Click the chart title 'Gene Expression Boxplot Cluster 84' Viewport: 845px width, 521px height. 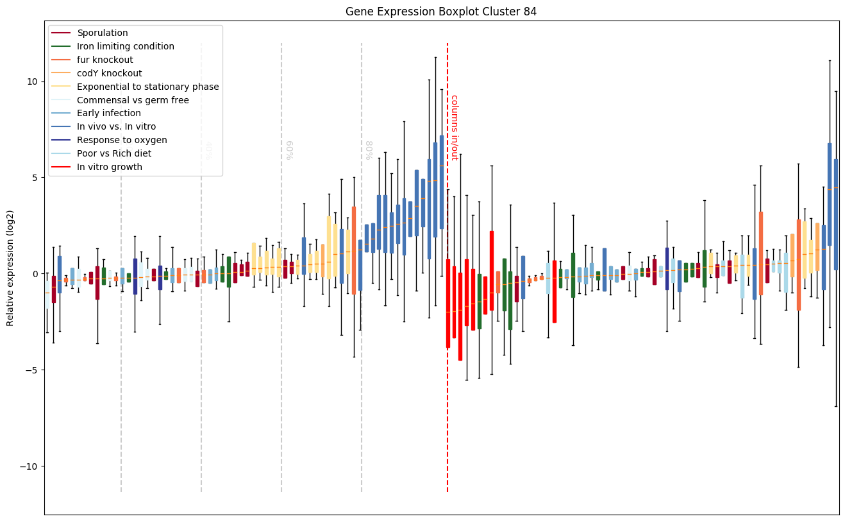pyautogui.click(x=441, y=12)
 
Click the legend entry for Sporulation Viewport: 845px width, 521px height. pyautogui.click(x=102, y=33)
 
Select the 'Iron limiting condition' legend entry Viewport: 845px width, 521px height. pyautogui.click(x=125, y=46)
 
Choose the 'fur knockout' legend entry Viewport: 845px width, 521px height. pyautogui.click(x=105, y=60)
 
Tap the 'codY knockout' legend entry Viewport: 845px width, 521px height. pyautogui.click(x=109, y=73)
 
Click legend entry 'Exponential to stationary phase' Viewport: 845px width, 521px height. pyautogui.click(x=147, y=87)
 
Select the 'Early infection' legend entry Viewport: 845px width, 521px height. pyautogui.click(x=108, y=114)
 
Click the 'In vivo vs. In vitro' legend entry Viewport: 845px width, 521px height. pyautogui.click(x=116, y=127)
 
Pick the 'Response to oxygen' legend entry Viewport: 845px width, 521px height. pyautogui.click(x=122, y=141)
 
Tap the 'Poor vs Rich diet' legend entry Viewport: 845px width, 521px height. pyautogui.click(x=114, y=154)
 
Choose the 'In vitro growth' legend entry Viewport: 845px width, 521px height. pyautogui.click(x=109, y=167)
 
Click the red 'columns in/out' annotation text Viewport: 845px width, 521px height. pyautogui.click(x=454, y=128)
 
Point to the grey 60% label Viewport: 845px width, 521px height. pyautogui.click(x=289, y=149)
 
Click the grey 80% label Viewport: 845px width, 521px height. pyautogui.click(x=369, y=149)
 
